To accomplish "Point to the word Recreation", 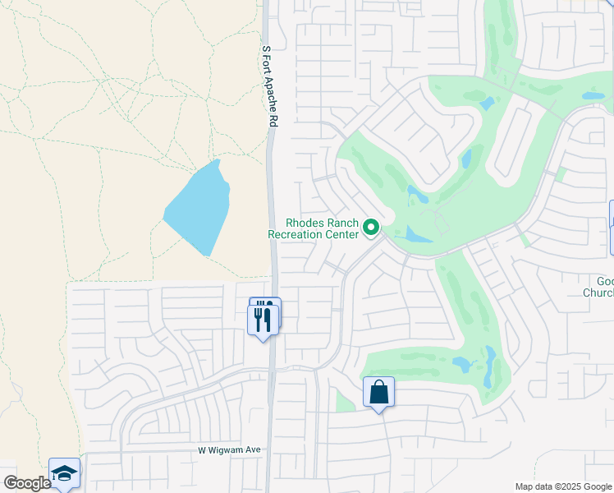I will [x=298, y=234].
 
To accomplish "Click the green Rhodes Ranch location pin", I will [x=371, y=227].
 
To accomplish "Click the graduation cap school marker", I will [x=64, y=472].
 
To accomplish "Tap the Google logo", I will [x=26, y=483].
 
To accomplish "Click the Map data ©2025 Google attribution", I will [x=562, y=486].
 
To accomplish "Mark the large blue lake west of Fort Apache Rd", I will [x=197, y=210].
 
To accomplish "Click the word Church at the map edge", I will [x=598, y=293].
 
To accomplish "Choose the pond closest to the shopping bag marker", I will [x=461, y=362].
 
